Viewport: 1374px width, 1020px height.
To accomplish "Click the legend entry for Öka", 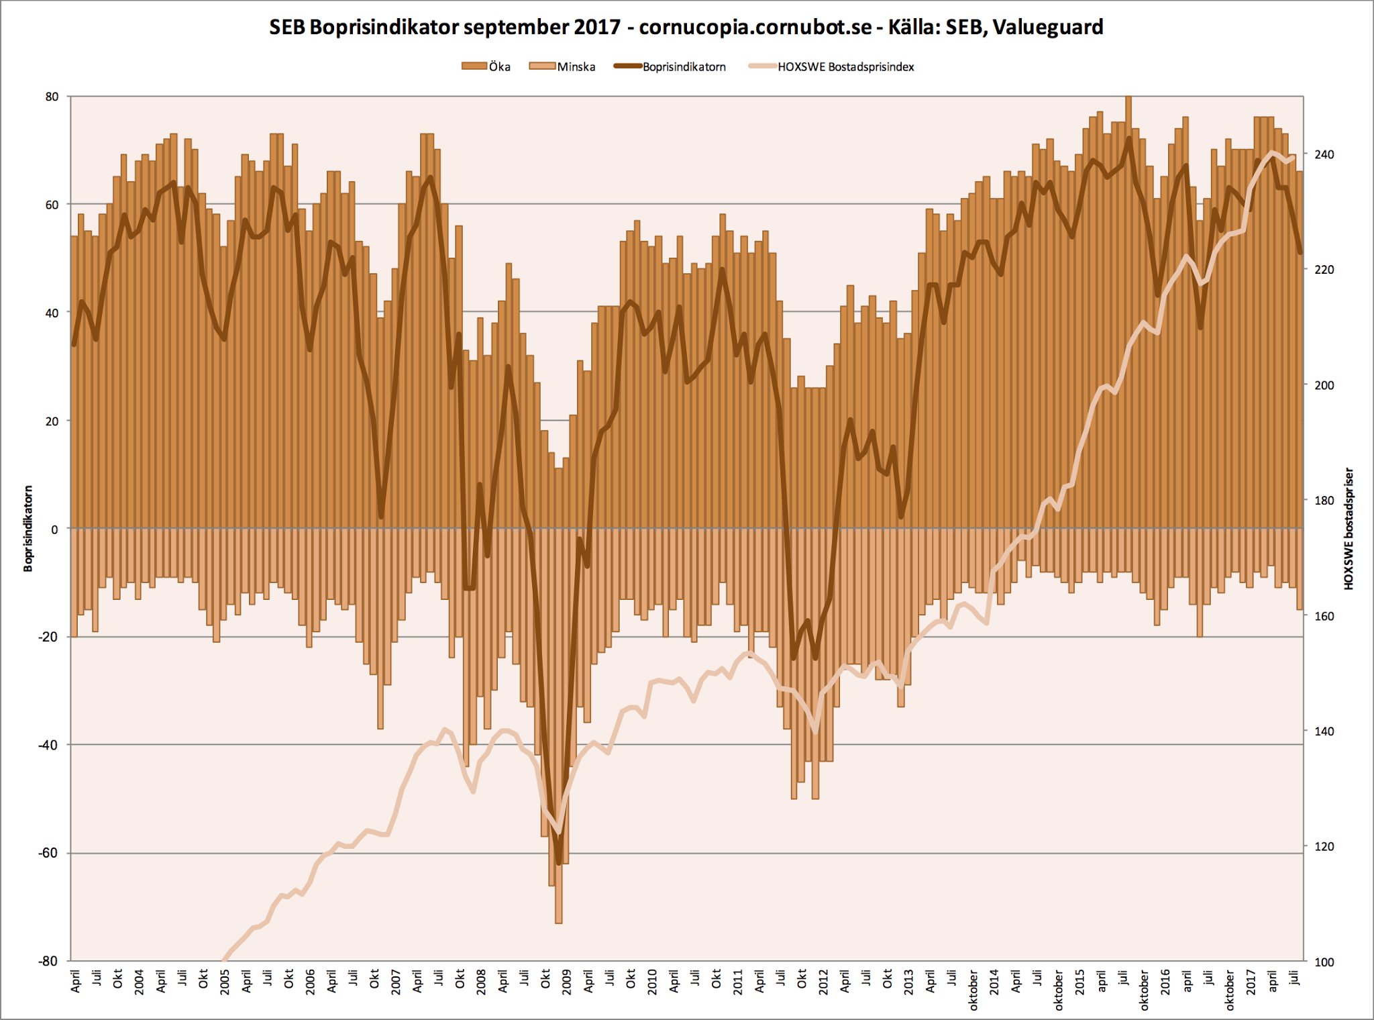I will [486, 66].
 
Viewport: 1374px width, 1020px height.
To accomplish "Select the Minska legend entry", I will [562, 66].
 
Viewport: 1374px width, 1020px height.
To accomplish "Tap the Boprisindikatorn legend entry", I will [670, 66].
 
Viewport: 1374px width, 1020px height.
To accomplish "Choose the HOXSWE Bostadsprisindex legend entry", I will [832, 66].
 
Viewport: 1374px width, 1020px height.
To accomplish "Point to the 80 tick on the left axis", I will [52, 97].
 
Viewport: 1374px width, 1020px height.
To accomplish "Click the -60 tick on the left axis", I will [49, 853].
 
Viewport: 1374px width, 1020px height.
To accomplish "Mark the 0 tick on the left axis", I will [55, 529].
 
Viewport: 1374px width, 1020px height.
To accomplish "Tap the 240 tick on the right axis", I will [1324, 154].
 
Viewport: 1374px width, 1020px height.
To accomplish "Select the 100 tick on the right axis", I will [1324, 962].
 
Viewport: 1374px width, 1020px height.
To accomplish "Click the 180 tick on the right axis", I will [1324, 501].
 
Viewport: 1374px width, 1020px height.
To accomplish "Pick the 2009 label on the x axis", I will [566, 982].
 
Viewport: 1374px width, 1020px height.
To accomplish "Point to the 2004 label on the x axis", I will [139, 982].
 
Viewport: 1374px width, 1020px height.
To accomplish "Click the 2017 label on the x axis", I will [1251, 982].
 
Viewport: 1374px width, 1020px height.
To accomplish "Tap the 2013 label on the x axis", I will [908, 982].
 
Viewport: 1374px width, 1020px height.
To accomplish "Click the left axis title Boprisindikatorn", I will [28, 529].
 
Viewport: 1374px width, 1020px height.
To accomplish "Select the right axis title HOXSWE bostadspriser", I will [1349, 529].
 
